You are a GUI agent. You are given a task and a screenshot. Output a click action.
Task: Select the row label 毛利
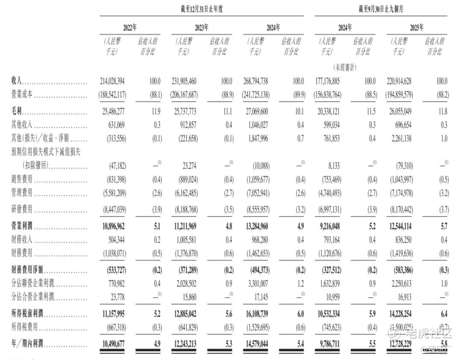[x=17, y=112]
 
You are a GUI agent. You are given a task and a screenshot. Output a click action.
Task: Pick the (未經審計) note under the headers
[x=344, y=67]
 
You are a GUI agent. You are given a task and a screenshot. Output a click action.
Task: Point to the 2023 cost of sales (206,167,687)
[x=184, y=95]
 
